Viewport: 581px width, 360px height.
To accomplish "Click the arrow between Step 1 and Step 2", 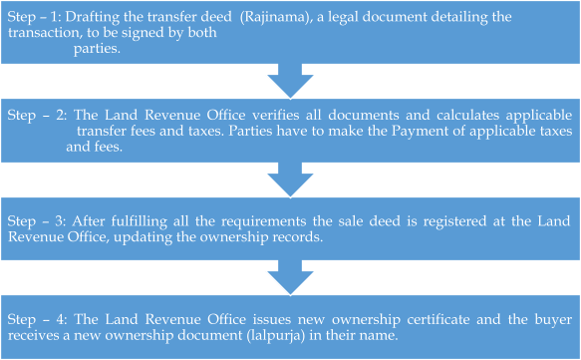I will click(291, 78).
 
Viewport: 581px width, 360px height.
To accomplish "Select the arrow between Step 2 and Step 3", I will click(291, 180).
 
